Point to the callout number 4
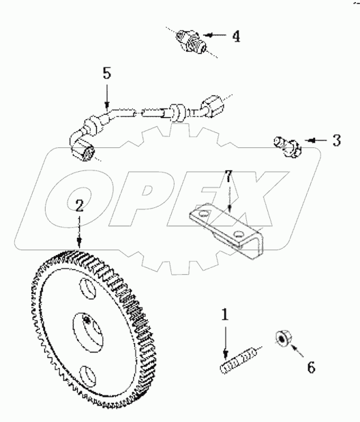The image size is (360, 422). [x=235, y=36]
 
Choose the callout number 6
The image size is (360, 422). [x=310, y=367]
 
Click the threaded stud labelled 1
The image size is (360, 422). [x=239, y=359]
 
